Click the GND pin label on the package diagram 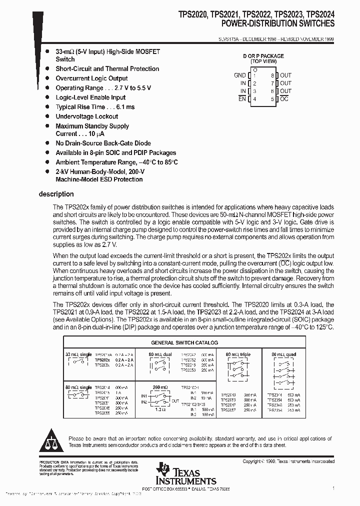click(x=240, y=75)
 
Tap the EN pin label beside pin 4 click(x=242, y=99)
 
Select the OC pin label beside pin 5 click(x=284, y=99)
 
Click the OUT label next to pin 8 click(x=285, y=75)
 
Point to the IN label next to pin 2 click(x=243, y=83)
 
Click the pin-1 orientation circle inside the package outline click(x=255, y=70)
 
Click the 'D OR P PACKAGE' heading click(x=263, y=56)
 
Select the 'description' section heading click(x=56, y=194)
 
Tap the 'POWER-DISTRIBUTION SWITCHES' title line click(x=278, y=23)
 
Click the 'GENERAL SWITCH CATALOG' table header click(x=184, y=343)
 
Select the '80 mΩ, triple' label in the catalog click(x=238, y=354)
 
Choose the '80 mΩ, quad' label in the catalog click(x=283, y=354)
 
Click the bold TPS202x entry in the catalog click(x=102, y=360)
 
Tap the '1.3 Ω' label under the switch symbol click(x=159, y=409)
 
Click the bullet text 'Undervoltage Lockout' click(x=87, y=116)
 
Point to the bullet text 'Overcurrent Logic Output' click(x=91, y=78)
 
